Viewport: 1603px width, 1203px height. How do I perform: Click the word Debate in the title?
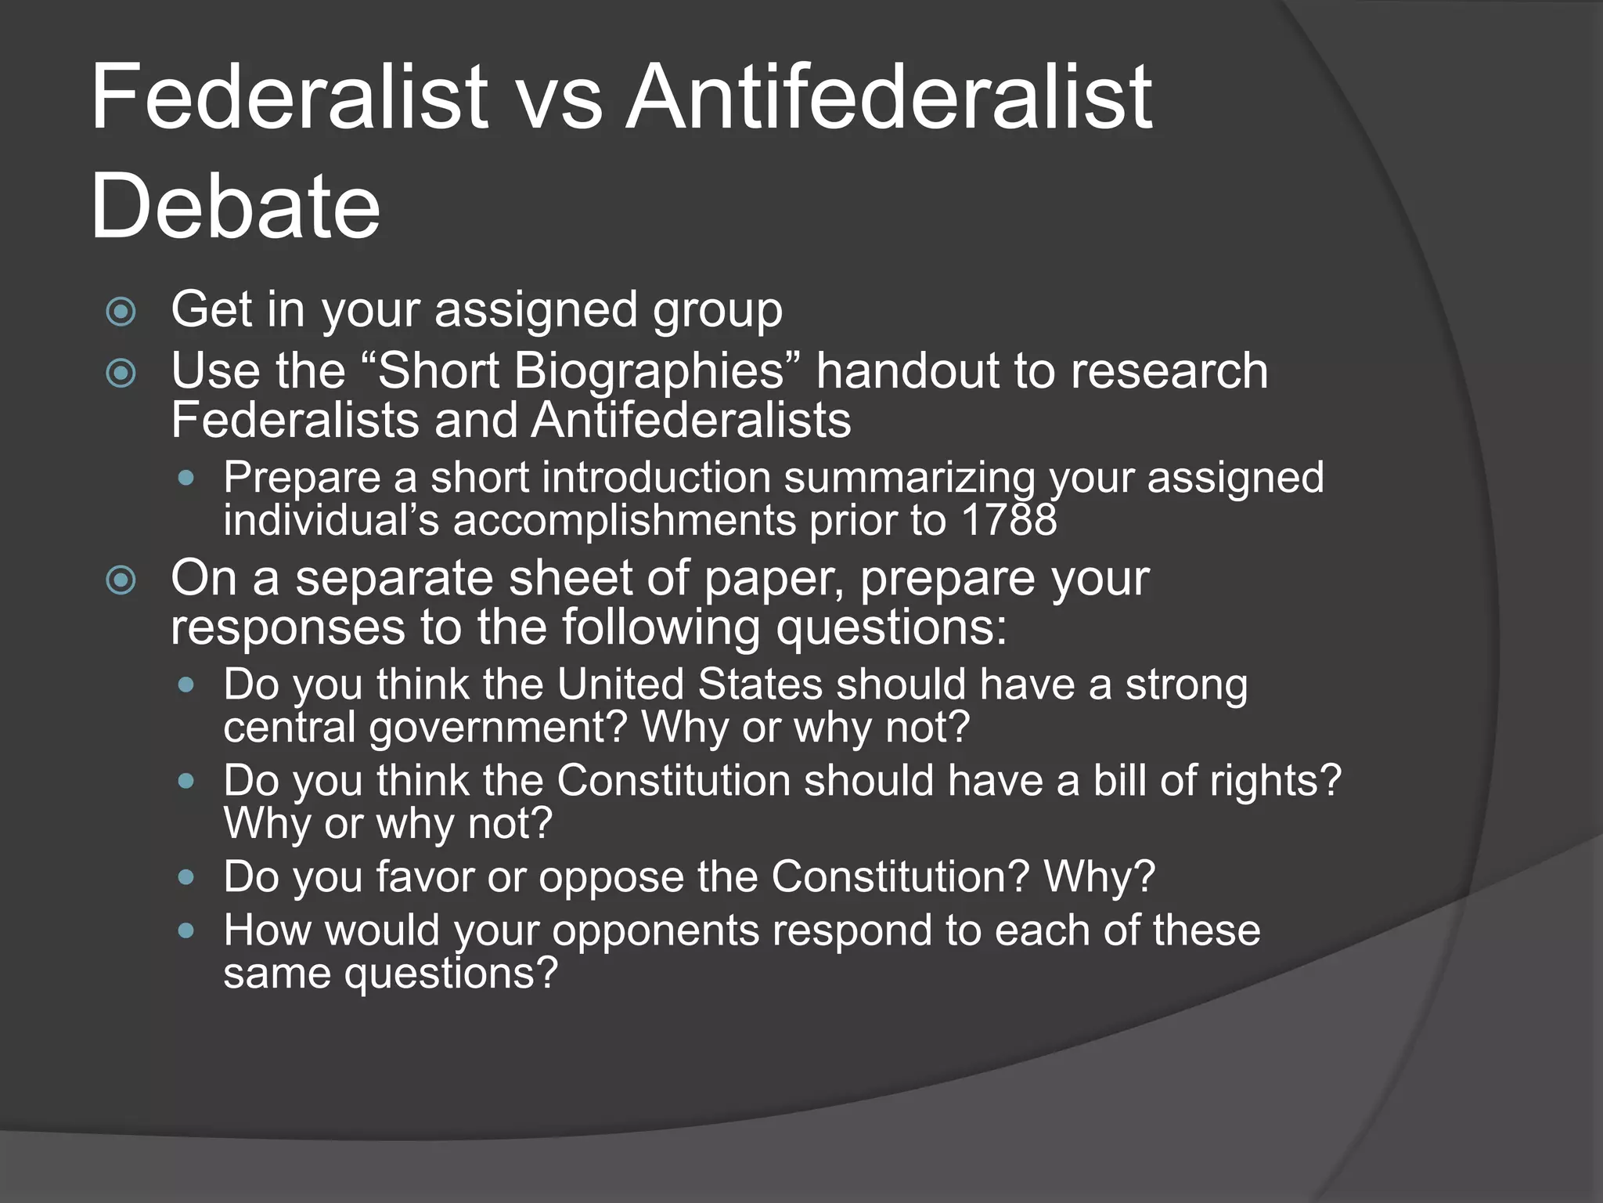click(x=235, y=207)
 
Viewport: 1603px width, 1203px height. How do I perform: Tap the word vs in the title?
click(x=560, y=98)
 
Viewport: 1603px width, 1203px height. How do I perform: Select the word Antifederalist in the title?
click(x=888, y=98)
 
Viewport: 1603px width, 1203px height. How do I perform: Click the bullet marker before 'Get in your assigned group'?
click(x=121, y=312)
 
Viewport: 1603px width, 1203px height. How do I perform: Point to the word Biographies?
click(x=650, y=370)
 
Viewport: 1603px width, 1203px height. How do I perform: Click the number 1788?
click(x=1009, y=520)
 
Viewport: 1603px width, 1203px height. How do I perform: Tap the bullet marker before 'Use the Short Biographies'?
click(x=121, y=373)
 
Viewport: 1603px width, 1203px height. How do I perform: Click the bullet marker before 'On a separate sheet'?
click(x=121, y=580)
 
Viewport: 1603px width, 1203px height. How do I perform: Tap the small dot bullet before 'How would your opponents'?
click(x=186, y=930)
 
